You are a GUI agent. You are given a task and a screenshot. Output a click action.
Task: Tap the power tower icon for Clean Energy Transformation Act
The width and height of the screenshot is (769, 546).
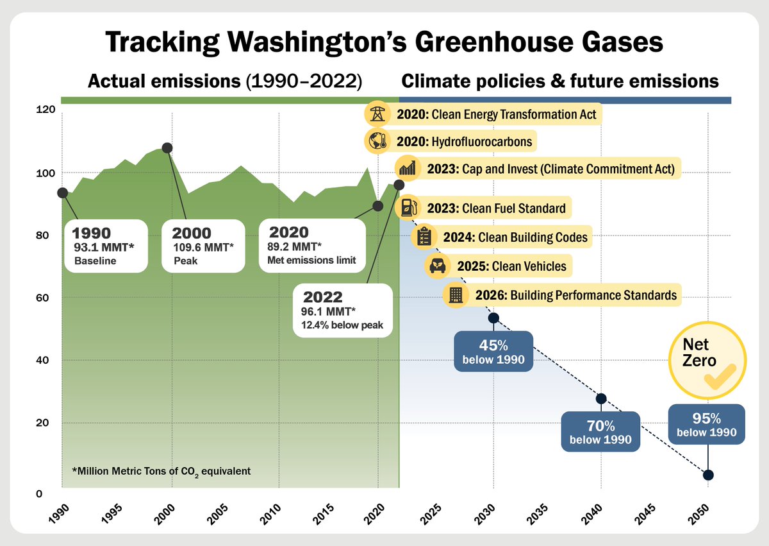click(x=376, y=115)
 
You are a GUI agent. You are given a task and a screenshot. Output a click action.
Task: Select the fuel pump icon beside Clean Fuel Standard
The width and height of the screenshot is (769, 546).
click(x=408, y=208)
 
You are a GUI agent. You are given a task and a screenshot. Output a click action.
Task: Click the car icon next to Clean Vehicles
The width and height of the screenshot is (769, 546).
click(x=437, y=265)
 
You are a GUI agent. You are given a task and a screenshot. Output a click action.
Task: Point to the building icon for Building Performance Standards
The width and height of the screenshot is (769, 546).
click(x=456, y=295)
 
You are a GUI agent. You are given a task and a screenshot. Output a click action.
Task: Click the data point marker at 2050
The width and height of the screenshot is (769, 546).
click(x=708, y=475)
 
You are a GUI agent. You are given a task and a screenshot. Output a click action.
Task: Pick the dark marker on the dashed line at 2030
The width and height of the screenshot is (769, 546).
click(x=493, y=318)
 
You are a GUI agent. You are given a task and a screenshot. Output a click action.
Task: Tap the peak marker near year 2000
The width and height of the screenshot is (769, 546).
click(x=167, y=148)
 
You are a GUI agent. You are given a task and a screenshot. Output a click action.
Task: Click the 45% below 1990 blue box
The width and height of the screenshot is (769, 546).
click(x=493, y=350)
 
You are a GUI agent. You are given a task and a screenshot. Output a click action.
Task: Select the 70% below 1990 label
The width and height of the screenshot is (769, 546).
click(x=600, y=432)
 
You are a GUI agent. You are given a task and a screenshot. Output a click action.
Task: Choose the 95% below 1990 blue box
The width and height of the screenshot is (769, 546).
click(x=707, y=423)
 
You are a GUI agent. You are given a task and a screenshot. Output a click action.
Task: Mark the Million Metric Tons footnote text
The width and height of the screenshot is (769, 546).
click(x=160, y=471)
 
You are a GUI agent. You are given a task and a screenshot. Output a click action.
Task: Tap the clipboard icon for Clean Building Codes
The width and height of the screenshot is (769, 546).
click(x=422, y=237)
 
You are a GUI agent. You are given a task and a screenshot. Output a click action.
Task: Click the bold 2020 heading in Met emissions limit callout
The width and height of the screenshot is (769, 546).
click(x=288, y=232)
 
